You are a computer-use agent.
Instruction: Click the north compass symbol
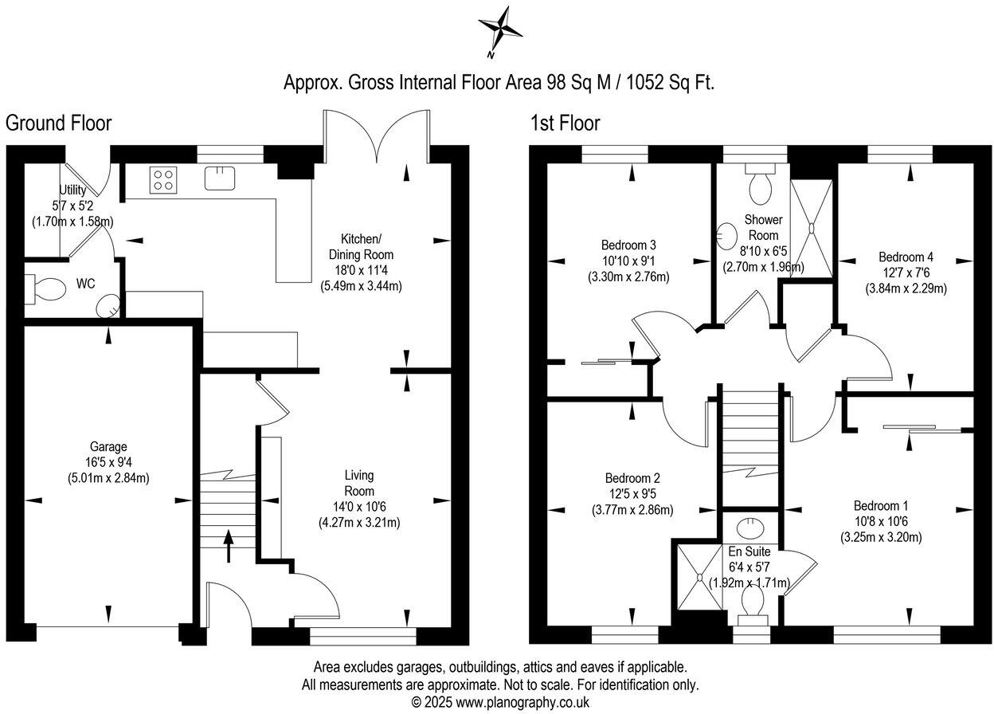pyautogui.click(x=499, y=30)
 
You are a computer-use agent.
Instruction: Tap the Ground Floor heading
pyautogui.click(x=58, y=124)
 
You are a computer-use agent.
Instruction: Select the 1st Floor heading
pyautogui.click(x=565, y=124)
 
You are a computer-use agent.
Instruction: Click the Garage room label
pyautogui.click(x=108, y=447)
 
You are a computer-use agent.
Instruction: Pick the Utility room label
pyautogui.click(x=72, y=190)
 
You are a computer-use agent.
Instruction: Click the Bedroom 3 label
pyautogui.click(x=628, y=245)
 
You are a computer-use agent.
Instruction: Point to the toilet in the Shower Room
pyautogui.click(x=759, y=184)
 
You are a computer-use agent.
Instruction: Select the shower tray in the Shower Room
pyautogui.click(x=812, y=228)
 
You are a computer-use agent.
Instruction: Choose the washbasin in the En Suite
pyautogui.click(x=749, y=527)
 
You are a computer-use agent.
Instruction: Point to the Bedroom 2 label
pyautogui.click(x=632, y=478)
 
